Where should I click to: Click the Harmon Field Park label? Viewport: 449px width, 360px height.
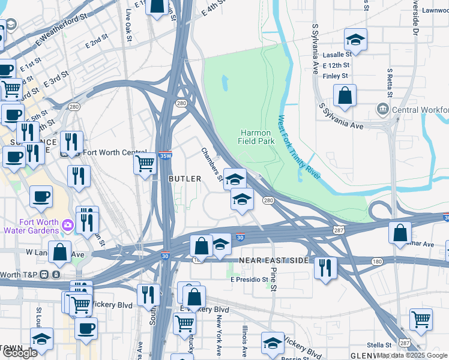[258, 137]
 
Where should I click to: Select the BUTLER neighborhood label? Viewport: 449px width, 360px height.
[185, 179]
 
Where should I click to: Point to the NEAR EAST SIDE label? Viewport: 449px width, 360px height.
[274, 261]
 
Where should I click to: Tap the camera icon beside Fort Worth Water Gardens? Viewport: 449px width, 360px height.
[67, 225]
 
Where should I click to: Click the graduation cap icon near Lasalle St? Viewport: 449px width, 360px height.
[355, 40]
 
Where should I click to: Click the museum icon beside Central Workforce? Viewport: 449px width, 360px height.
[382, 110]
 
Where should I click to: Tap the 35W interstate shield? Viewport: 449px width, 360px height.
[165, 155]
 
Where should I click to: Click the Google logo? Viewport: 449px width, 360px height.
[20, 353]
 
